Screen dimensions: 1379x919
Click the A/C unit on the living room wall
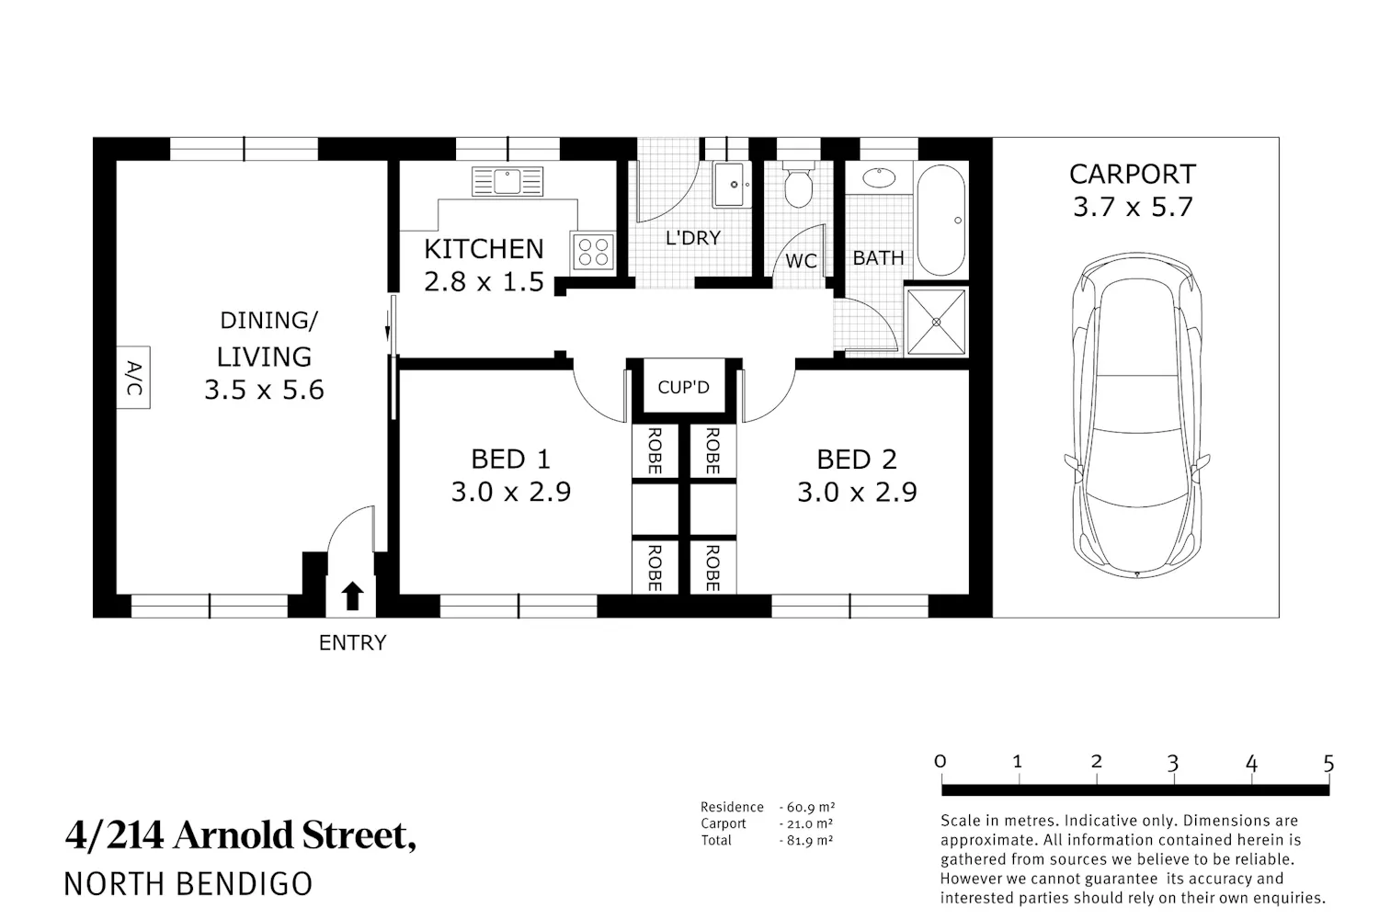click(133, 378)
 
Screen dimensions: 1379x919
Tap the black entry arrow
click(352, 596)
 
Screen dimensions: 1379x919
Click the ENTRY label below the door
click(352, 642)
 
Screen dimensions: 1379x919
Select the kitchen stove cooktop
click(593, 253)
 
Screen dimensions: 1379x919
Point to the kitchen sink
click(507, 182)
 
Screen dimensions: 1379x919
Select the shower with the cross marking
click(937, 322)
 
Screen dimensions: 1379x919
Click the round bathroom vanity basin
click(879, 178)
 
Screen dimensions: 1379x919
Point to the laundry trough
click(731, 184)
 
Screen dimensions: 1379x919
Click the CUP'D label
click(683, 387)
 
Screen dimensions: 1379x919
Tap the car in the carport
click(1136, 414)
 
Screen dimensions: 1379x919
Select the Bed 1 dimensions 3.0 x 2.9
click(511, 492)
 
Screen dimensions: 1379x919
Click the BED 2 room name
click(856, 459)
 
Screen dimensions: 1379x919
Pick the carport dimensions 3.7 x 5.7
click(1133, 207)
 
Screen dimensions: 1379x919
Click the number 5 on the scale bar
click(1328, 764)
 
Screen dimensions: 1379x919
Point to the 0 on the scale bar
click(940, 762)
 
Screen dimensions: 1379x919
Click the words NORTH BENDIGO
click(188, 884)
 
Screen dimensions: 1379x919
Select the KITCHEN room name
click(484, 249)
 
